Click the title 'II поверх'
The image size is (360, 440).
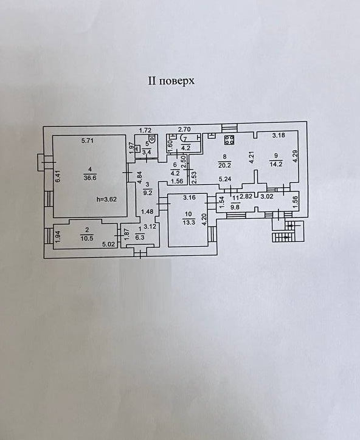171,81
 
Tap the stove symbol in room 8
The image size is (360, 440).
229,140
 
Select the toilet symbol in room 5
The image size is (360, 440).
152,139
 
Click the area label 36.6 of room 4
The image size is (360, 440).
90,177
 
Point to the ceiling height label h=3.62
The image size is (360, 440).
106,199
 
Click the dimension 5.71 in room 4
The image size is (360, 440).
88,141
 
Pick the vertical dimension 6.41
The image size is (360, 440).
58,176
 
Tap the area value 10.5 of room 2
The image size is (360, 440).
87,238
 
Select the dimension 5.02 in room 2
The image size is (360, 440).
108,244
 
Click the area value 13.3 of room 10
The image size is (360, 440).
188,222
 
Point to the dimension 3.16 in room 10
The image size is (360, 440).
189,198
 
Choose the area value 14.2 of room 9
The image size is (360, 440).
275,165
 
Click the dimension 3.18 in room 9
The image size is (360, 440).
279,136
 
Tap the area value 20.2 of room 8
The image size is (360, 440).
224,165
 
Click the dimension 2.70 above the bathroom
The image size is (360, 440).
184,129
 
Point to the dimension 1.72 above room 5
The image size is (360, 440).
145,130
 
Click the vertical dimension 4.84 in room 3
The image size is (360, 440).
140,177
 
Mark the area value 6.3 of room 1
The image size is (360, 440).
140,237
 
